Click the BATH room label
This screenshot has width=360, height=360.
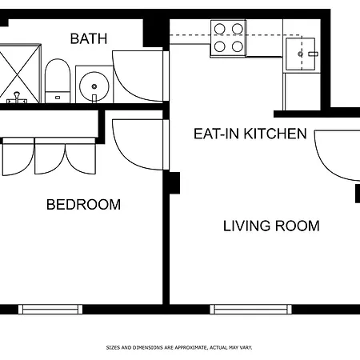pyautogui.click(x=89, y=38)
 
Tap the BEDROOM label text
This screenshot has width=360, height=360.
pyautogui.click(x=83, y=205)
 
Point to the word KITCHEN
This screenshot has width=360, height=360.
pyautogui.click(x=275, y=134)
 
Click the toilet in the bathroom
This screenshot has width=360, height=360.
pyautogui.click(x=58, y=81)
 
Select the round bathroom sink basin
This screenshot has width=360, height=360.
pyautogui.click(x=94, y=86)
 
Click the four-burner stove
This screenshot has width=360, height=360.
pyautogui.click(x=228, y=38)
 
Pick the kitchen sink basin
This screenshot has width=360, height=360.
pyautogui.click(x=301, y=54)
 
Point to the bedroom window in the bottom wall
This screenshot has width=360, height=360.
pyautogui.click(x=50, y=310)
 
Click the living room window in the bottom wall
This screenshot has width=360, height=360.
pyautogui.click(x=250, y=310)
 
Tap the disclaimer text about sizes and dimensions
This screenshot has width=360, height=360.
pyautogui.click(x=179, y=348)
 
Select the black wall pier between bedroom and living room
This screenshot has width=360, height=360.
pyautogui.click(x=171, y=183)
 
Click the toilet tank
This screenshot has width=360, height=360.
pyautogui.click(x=58, y=98)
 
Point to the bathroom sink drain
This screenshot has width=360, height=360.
pyautogui.click(x=94, y=86)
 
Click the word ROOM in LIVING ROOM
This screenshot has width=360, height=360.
pyautogui.click(x=297, y=226)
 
